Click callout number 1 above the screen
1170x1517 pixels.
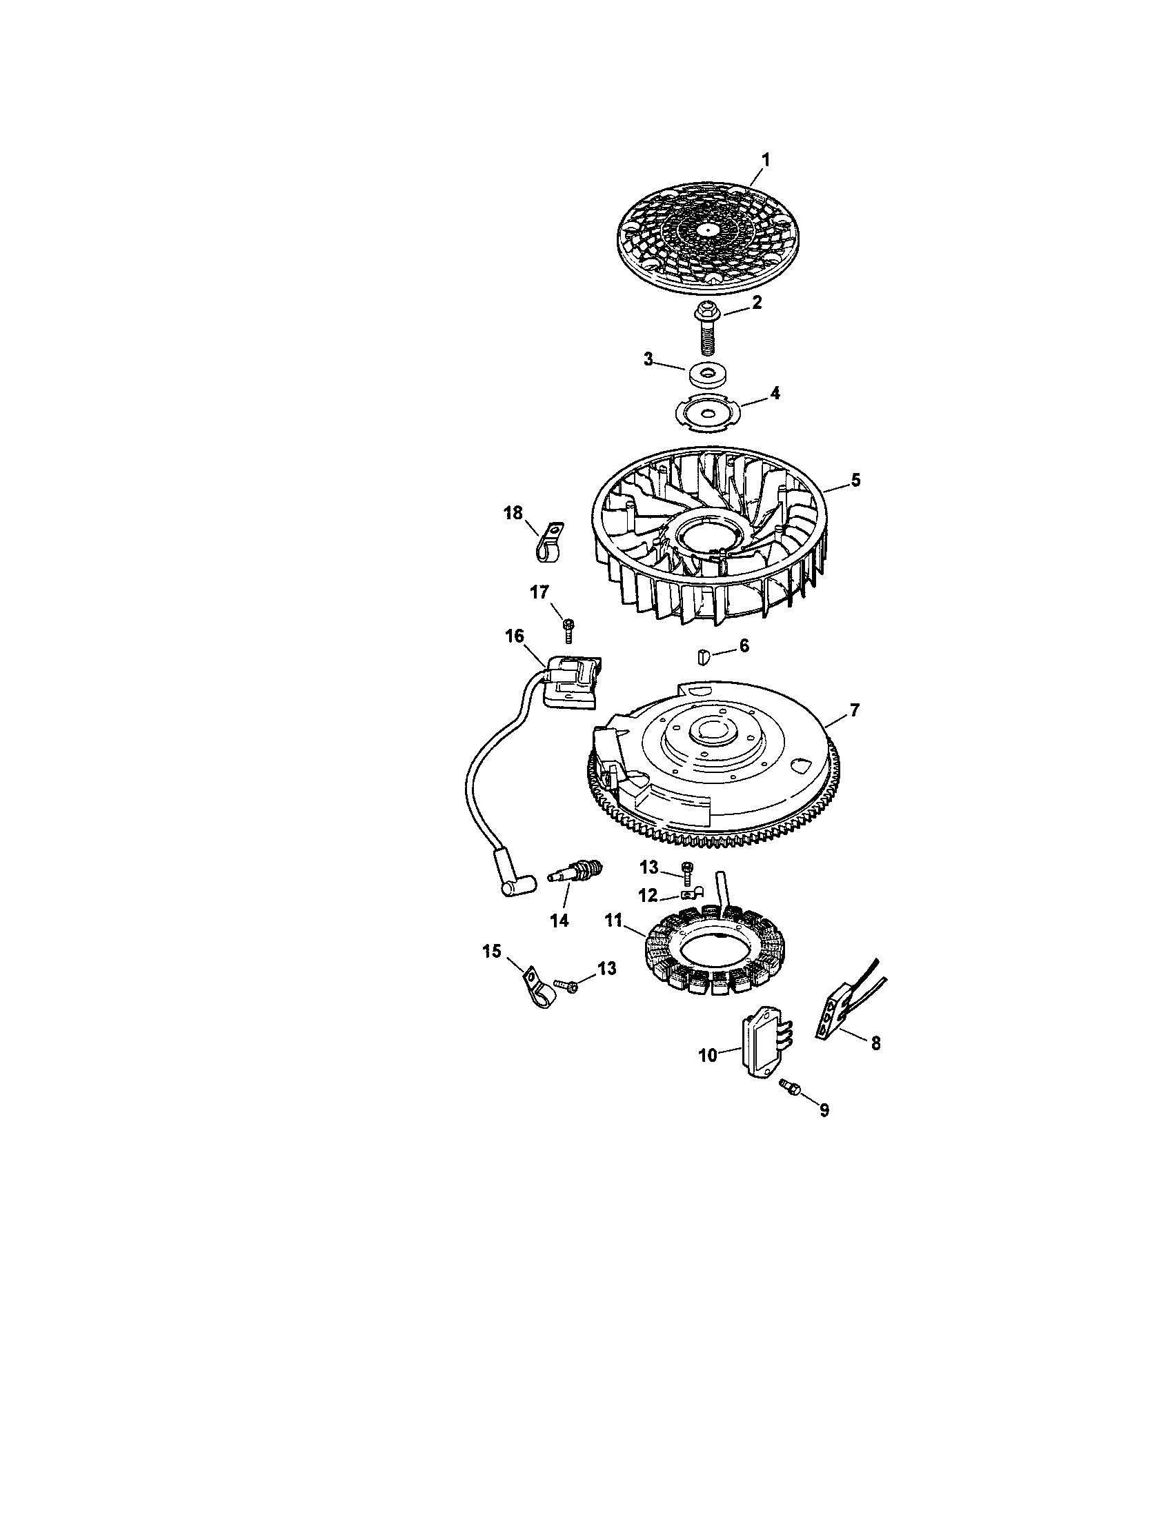click(764, 160)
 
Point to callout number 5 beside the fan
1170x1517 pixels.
click(855, 479)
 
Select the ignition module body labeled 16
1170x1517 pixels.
click(570, 681)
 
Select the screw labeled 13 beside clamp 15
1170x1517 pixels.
click(566, 985)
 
